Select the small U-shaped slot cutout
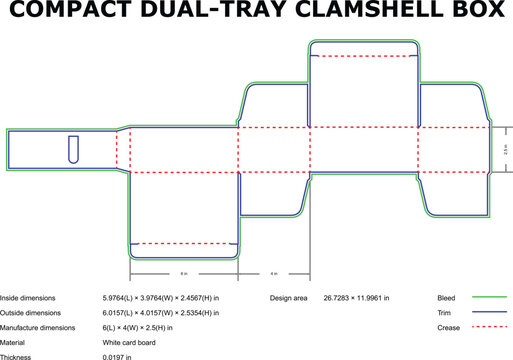(73, 149)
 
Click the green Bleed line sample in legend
(490, 298)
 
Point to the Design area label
(291, 298)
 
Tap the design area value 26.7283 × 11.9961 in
(356, 298)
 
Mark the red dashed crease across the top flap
(363, 58)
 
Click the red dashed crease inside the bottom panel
(184, 243)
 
